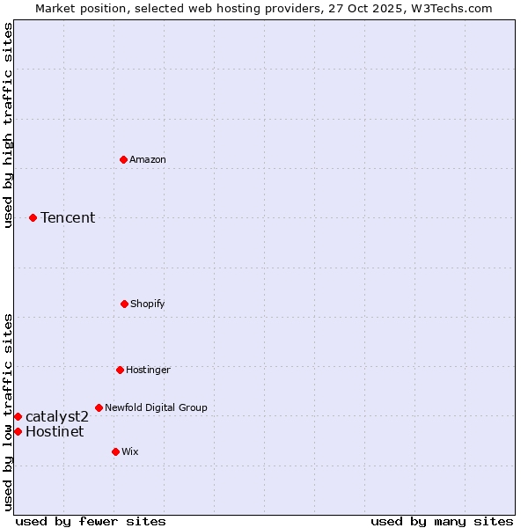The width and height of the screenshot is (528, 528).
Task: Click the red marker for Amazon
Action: click(x=124, y=159)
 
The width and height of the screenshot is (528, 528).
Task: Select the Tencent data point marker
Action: click(x=33, y=217)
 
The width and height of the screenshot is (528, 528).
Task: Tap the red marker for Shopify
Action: click(x=124, y=304)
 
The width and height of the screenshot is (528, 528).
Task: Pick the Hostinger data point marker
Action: click(x=120, y=370)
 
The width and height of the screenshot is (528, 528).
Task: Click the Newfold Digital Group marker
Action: click(x=99, y=407)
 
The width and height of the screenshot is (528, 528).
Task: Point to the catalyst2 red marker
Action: click(x=18, y=416)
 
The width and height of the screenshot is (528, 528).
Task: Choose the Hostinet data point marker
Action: click(x=18, y=431)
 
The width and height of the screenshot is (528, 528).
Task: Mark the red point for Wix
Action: click(x=115, y=451)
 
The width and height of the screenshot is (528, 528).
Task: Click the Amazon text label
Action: click(x=148, y=159)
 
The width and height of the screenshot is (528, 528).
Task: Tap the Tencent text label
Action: click(x=68, y=217)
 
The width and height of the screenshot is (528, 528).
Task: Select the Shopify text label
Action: click(x=147, y=304)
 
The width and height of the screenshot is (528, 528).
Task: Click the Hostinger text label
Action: click(x=148, y=370)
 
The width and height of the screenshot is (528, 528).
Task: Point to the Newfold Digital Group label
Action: click(x=156, y=407)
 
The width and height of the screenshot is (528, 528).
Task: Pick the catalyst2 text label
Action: click(x=57, y=416)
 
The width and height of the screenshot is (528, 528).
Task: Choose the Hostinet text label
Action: click(x=55, y=431)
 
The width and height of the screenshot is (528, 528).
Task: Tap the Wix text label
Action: click(x=130, y=451)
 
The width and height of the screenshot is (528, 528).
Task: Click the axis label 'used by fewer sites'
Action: click(x=91, y=521)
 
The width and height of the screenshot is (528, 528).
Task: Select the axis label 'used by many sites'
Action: click(x=442, y=521)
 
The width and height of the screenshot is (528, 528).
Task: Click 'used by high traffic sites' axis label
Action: click(x=8, y=125)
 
